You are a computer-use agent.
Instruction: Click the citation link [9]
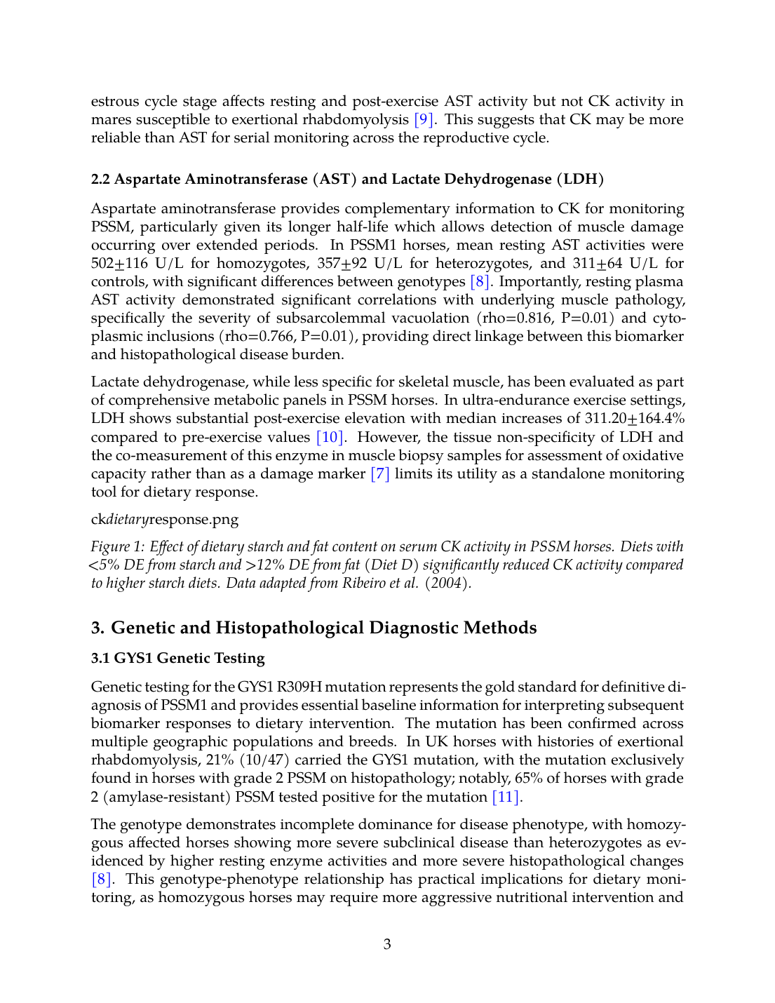pos(423,119)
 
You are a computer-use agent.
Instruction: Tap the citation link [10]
pos(330,437)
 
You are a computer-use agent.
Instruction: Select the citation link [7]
pos(379,473)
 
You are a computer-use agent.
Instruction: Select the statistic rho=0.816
pos(521,318)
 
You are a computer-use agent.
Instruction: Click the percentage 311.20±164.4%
pos(635,418)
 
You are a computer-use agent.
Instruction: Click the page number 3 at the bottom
pos(387,944)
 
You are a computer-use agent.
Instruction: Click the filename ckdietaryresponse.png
pos(165,519)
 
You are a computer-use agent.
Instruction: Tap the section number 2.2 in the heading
pos(100,179)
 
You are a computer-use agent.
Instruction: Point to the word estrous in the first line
pos(115,101)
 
